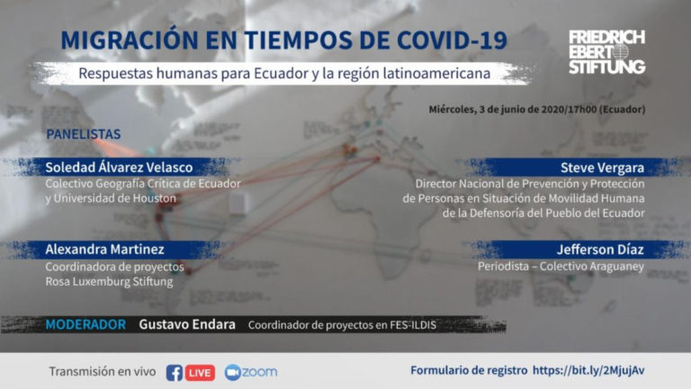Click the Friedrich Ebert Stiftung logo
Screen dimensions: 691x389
606,52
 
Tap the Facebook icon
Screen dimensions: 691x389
174,373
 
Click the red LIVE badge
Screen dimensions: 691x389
200,373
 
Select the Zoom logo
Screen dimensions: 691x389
251,372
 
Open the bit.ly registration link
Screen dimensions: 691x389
588,370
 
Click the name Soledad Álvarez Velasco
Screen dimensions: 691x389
119,167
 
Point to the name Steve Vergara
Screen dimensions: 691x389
602,168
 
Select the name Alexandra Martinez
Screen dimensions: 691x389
104,249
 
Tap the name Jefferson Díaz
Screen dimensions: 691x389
600,249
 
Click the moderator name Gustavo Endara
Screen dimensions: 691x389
187,324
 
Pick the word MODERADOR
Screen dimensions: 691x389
85,325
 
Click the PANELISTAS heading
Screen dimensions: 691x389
84,134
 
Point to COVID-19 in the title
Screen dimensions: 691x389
453,41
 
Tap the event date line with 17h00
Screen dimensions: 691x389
537,109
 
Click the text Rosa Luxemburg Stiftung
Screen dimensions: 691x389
109,282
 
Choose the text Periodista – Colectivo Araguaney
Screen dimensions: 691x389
561,267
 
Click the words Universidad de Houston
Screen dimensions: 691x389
114,199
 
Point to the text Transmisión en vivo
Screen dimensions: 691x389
103,372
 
